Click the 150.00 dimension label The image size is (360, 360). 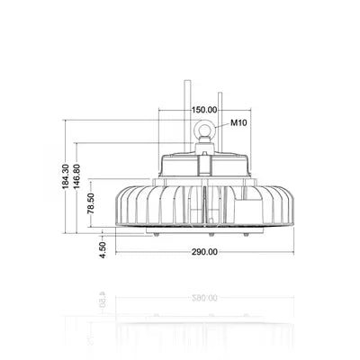(204, 110)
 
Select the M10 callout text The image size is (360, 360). (238, 122)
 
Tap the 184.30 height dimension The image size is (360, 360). (66, 176)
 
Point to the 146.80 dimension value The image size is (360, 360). (77, 176)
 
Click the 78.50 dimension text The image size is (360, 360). (91, 203)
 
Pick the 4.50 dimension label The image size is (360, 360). (103, 250)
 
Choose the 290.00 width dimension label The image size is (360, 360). (204, 252)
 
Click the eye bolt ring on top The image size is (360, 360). (204, 128)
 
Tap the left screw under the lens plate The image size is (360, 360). (156, 235)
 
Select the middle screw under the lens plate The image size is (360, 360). (211, 235)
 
